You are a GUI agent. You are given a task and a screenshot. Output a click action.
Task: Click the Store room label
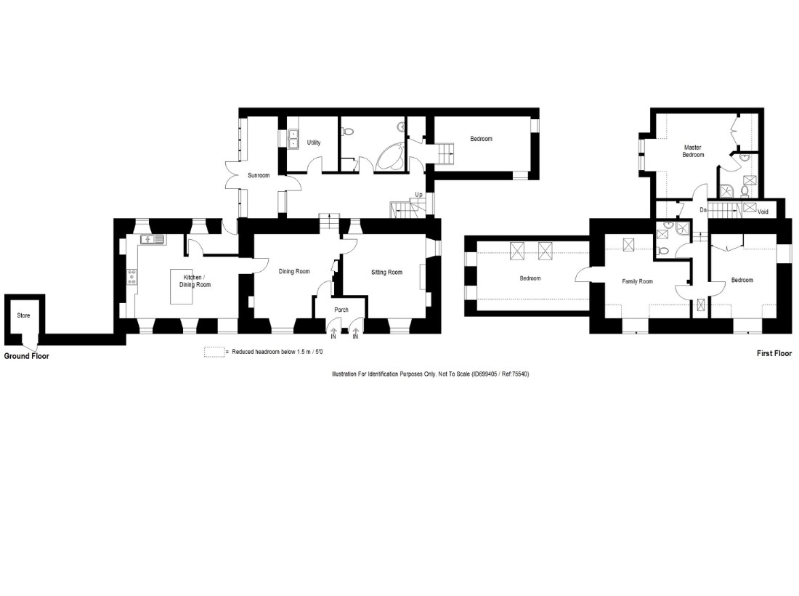[x=23, y=315]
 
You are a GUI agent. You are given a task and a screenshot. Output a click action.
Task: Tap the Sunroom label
[x=259, y=175]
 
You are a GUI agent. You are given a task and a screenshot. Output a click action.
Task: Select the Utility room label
[x=314, y=142]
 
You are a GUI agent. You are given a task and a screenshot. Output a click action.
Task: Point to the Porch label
[x=341, y=310]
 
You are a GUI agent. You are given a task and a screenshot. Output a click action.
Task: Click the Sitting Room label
[x=386, y=273]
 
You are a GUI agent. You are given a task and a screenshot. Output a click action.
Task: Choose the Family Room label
[x=637, y=281]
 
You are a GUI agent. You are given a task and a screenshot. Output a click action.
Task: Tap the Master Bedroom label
[x=693, y=151]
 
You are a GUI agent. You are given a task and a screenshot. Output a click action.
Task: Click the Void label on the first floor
[x=763, y=212]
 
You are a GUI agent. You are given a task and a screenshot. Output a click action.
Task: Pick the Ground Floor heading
[x=26, y=356]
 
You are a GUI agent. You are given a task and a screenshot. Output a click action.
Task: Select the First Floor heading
[x=774, y=353]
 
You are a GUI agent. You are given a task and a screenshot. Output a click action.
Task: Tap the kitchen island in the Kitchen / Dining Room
[x=182, y=286]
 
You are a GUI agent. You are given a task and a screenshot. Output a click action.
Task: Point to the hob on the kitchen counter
[x=132, y=277]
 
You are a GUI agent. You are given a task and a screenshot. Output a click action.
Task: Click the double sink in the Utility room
[x=293, y=139]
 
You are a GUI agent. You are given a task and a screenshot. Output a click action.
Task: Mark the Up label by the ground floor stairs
[x=418, y=195]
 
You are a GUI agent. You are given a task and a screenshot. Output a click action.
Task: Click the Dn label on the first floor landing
[x=703, y=210]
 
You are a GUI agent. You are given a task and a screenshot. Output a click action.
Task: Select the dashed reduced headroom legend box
[x=214, y=353]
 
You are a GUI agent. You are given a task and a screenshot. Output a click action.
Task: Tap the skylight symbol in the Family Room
[x=629, y=245]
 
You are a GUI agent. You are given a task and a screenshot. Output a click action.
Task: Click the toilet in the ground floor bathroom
[x=348, y=132]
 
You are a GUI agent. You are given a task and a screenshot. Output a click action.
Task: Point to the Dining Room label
[x=294, y=272]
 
